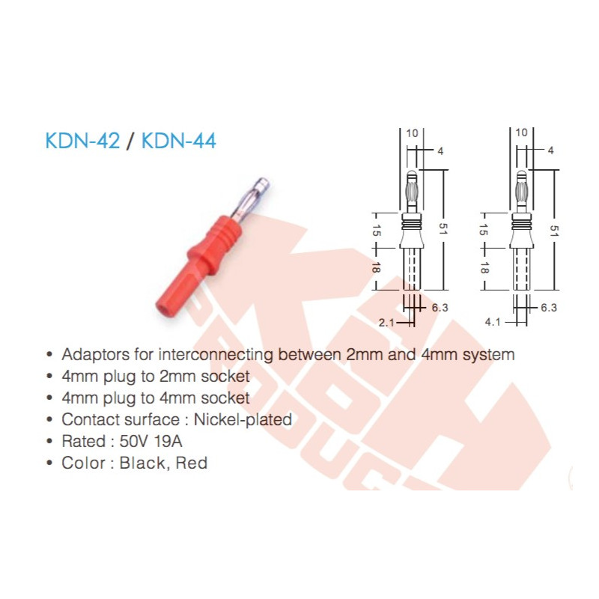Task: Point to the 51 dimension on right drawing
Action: (553, 230)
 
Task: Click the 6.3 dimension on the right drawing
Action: (549, 307)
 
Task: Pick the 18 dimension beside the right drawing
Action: (484, 267)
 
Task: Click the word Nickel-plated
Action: (251, 419)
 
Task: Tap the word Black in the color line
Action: (145, 463)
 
